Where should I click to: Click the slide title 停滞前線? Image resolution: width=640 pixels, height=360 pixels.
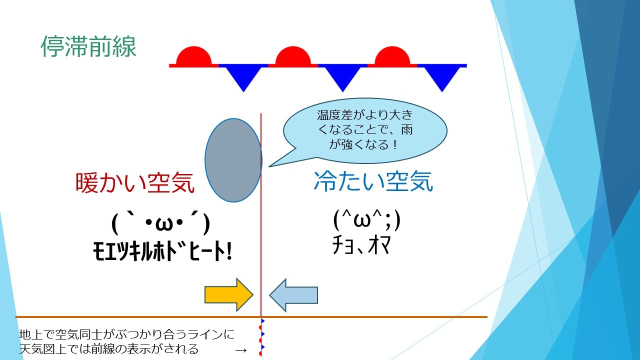coord(88,46)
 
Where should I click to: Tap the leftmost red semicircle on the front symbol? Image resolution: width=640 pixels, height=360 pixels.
coord(193,56)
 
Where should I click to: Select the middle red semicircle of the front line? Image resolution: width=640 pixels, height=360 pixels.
coord(293,56)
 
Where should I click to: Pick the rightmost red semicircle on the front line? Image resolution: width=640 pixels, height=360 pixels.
coord(392,56)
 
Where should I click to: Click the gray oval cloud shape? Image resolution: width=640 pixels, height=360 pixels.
coord(233,160)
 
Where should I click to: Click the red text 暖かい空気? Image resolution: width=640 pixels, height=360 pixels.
coord(135,183)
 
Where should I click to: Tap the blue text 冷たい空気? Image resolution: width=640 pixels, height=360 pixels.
coord(373,181)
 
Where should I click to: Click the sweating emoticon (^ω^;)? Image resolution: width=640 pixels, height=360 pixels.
coord(367,220)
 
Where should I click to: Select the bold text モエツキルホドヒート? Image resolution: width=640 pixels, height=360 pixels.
coord(162,251)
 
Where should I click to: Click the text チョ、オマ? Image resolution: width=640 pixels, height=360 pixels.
coord(361,245)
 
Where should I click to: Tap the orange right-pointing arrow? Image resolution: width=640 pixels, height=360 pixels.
coord(229,294)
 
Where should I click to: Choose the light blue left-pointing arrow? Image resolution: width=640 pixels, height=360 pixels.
coord(293,295)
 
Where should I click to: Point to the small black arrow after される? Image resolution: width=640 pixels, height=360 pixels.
coord(241,350)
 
